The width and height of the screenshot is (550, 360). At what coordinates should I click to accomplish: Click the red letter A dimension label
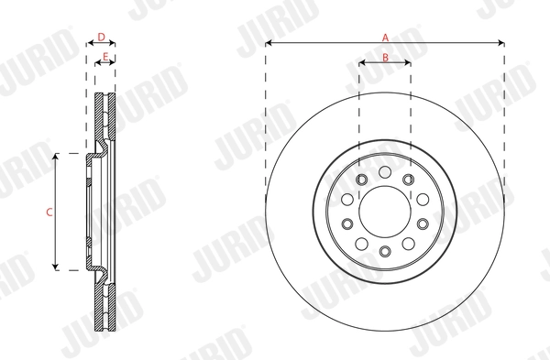tap(386, 37)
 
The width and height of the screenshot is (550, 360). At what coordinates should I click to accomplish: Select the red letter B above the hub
tap(385, 57)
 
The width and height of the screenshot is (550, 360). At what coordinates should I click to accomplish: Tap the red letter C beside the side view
tap(49, 212)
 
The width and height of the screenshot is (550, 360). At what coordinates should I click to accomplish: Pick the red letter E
tap(106, 57)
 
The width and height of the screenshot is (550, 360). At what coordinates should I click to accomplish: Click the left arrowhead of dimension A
tap(268, 42)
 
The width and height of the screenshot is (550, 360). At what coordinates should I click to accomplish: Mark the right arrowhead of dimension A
tap(502, 42)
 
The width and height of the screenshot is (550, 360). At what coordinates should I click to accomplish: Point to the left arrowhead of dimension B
tap(361, 63)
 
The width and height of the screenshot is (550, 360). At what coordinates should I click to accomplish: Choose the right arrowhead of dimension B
tap(409, 63)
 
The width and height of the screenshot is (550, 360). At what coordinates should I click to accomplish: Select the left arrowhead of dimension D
tap(88, 42)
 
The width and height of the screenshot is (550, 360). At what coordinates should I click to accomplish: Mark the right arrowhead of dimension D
tap(115, 42)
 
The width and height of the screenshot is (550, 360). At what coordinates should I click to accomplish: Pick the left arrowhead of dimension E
tap(98, 63)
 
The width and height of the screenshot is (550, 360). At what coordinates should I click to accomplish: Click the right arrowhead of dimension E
tap(115, 63)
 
